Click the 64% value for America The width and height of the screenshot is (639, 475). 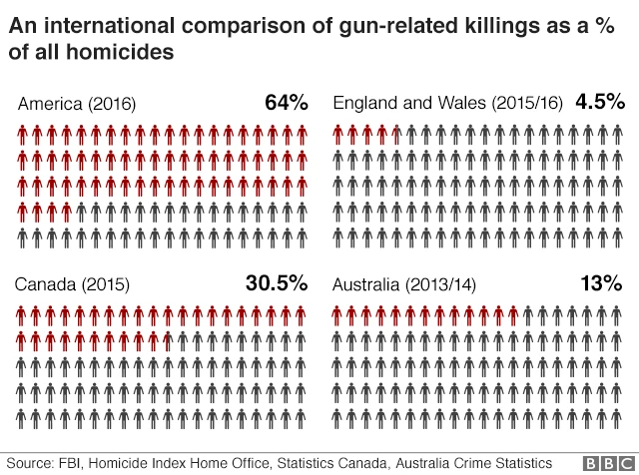click(x=287, y=102)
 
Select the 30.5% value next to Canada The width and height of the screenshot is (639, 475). click(x=276, y=283)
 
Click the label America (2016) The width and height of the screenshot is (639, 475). click(x=77, y=104)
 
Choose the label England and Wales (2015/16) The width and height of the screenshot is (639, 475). click(x=448, y=104)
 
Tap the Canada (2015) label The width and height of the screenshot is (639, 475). click(x=72, y=285)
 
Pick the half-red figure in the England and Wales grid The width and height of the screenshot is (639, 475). click(x=397, y=134)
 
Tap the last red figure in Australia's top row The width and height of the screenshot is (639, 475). click(x=513, y=316)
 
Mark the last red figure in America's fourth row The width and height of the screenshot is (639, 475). click(x=67, y=212)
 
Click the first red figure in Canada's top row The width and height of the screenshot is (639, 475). click(x=23, y=316)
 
